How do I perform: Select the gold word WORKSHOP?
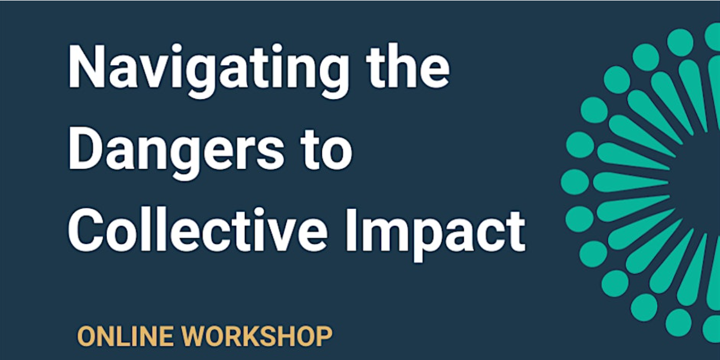pos(257,336)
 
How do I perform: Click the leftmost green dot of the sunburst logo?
pos(575,182)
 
